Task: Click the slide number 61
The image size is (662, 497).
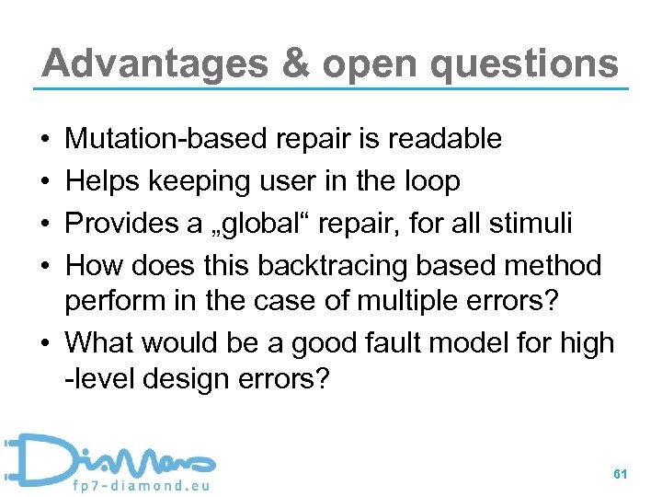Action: tap(620, 473)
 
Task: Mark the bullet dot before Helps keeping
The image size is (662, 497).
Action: tap(45, 182)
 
